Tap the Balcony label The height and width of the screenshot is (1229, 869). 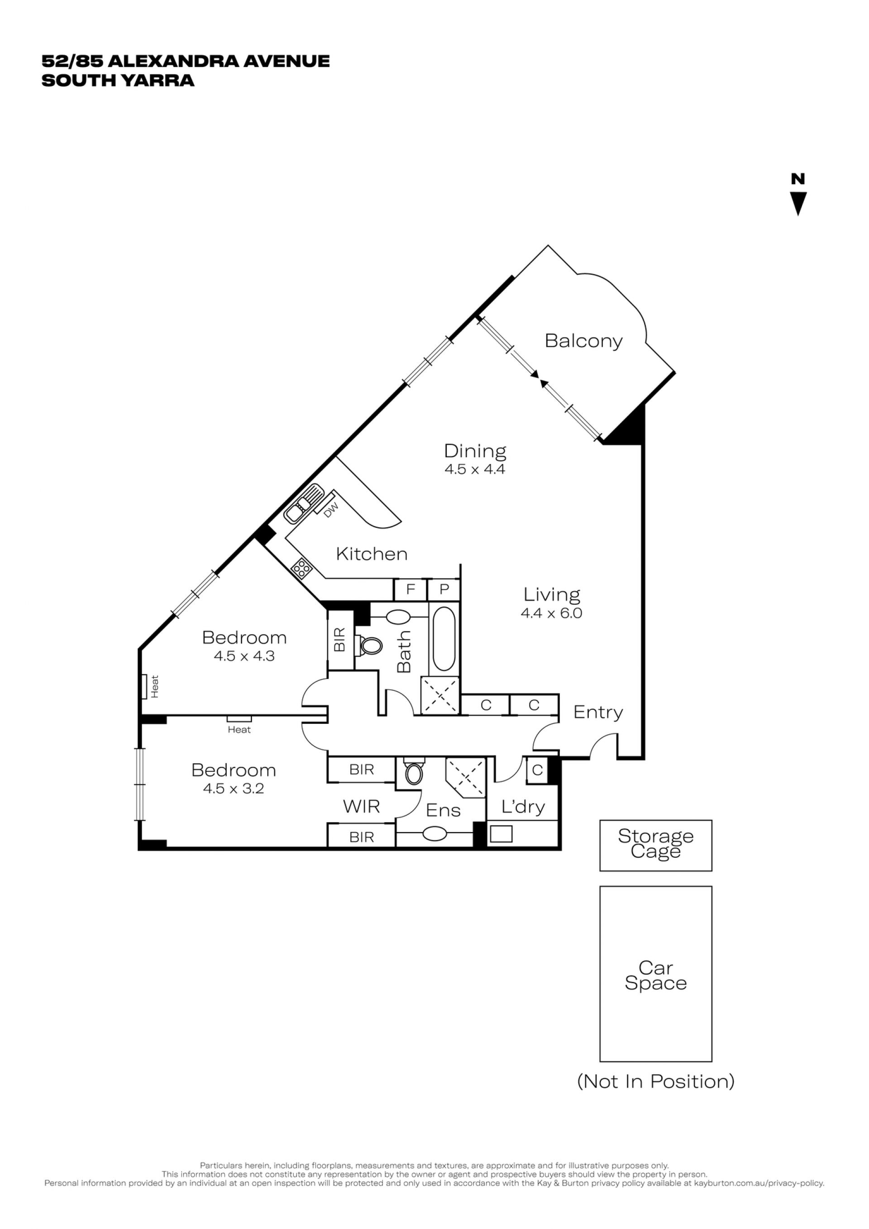pyautogui.click(x=583, y=341)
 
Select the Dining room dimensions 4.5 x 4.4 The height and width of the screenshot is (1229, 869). pyautogui.click(x=475, y=469)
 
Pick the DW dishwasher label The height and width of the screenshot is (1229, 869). pyautogui.click(x=331, y=510)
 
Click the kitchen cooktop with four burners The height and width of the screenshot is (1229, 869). pyautogui.click(x=302, y=569)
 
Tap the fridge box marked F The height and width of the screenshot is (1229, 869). pyautogui.click(x=411, y=589)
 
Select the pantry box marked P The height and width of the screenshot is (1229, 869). pyautogui.click(x=444, y=589)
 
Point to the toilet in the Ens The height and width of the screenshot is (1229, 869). pyautogui.click(x=413, y=771)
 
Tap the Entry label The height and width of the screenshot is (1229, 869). pyautogui.click(x=598, y=713)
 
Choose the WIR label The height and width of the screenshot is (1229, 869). pyautogui.click(x=361, y=806)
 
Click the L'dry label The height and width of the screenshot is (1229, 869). pyautogui.click(x=523, y=807)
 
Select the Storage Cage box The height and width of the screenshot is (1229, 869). pyautogui.click(x=655, y=845)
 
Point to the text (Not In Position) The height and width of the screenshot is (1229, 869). pyautogui.click(x=655, y=1082)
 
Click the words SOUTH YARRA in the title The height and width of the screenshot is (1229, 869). pyautogui.click(x=118, y=80)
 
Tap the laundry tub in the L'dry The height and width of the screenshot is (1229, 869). pyautogui.click(x=501, y=834)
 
